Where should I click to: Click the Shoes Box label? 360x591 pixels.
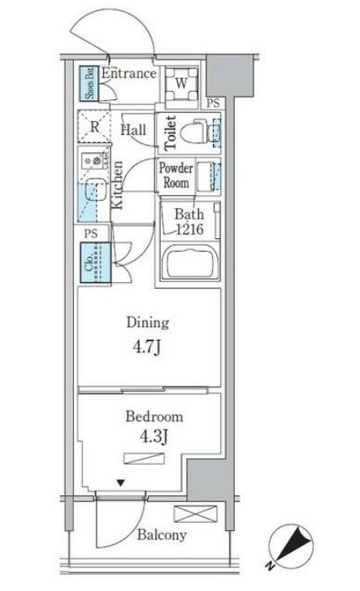click(x=89, y=83)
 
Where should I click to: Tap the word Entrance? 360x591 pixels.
click(x=128, y=73)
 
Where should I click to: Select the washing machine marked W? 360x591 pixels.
click(x=181, y=83)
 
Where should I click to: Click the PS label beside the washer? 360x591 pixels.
click(x=213, y=103)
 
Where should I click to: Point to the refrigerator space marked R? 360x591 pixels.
click(x=94, y=126)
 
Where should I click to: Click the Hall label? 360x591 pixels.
click(x=133, y=130)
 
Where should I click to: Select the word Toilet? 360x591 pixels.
click(x=170, y=133)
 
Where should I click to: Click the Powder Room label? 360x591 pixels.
click(x=176, y=176)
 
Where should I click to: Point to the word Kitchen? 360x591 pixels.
click(x=117, y=185)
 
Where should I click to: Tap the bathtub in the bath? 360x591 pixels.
click(x=189, y=262)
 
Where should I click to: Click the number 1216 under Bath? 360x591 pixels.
click(x=189, y=228)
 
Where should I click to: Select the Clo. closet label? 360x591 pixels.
click(x=89, y=263)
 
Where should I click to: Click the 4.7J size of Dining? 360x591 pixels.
click(x=147, y=346)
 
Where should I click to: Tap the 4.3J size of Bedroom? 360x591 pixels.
click(x=154, y=437)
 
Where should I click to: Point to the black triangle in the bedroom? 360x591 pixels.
click(x=120, y=482)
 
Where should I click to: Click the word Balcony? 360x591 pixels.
click(x=162, y=535)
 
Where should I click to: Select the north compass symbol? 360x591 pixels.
click(x=291, y=545)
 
